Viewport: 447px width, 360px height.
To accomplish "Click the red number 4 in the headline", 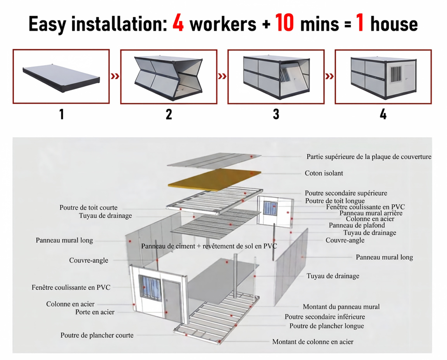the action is (178, 23).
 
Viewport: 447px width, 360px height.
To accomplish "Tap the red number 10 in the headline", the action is (284, 23).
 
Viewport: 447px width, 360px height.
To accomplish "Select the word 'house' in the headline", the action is (394, 24).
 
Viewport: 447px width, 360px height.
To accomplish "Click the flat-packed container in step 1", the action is (61, 77).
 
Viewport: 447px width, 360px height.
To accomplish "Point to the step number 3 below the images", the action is (276, 114).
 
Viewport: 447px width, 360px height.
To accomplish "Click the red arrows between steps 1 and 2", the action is (115, 76).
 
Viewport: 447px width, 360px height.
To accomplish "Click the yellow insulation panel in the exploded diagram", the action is (215, 179).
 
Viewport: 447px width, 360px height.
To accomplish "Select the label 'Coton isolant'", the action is (324, 173).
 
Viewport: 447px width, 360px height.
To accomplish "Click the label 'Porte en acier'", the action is (95, 312).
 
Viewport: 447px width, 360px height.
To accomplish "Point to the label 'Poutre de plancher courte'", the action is (97, 335).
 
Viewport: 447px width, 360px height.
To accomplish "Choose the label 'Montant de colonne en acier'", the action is (313, 341).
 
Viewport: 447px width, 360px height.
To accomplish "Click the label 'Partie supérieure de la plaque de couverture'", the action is (369, 156).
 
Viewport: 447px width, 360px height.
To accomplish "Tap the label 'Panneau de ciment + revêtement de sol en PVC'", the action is (209, 246).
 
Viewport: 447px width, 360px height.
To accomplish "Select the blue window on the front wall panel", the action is (149, 288).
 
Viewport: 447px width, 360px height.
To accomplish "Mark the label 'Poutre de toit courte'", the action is (88, 207).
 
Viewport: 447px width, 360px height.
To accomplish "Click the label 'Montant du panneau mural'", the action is (341, 307).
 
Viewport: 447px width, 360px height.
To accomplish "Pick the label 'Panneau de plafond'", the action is (357, 225).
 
